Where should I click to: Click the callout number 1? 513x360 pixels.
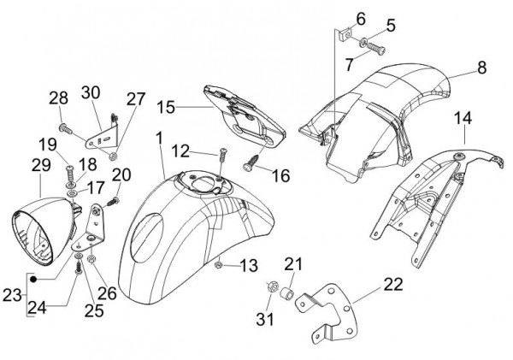(x=159, y=139)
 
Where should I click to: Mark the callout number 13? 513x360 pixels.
(x=248, y=266)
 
